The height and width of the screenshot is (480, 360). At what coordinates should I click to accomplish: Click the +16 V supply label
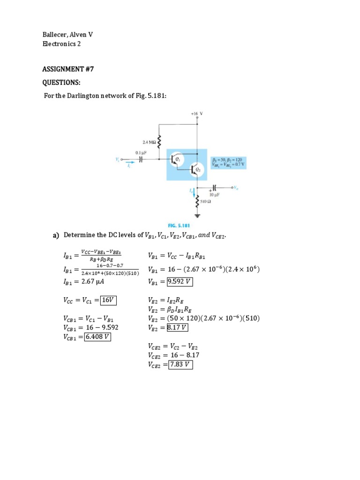click(x=196, y=113)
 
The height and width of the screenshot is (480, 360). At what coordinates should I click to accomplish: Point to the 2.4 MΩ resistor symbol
click(x=160, y=141)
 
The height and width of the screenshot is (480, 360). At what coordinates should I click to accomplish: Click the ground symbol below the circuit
click(x=197, y=216)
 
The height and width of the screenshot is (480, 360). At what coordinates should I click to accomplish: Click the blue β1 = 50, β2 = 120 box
click(x=230, y=162)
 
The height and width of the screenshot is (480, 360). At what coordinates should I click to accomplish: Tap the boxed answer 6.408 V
click(x=97, y=337)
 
